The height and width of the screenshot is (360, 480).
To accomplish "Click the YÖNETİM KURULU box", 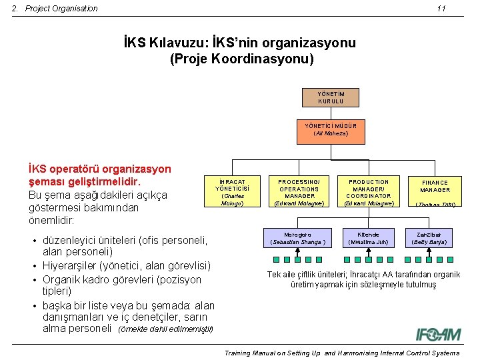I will click(331, 97).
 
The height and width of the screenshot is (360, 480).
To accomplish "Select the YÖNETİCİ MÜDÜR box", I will click(331, 129).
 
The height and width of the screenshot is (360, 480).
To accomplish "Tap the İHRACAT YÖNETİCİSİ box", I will click(233, 192).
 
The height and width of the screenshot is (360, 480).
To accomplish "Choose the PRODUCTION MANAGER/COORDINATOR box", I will click(369, 192).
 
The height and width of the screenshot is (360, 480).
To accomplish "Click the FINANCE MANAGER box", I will click(435, 192).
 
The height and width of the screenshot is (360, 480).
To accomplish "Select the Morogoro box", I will click(297, 238).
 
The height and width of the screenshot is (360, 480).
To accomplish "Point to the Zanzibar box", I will click(429, 238).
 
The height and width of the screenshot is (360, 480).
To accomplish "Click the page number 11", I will click(441, 9).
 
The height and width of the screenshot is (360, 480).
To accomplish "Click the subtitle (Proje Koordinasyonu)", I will click(241, 59).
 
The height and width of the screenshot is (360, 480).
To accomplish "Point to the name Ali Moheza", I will click(331, 133).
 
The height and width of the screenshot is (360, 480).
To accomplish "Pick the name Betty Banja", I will click(429, 242).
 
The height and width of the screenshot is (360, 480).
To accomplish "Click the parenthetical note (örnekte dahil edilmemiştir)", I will click(165, 329).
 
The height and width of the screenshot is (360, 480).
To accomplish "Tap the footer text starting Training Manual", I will click(341, 353).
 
